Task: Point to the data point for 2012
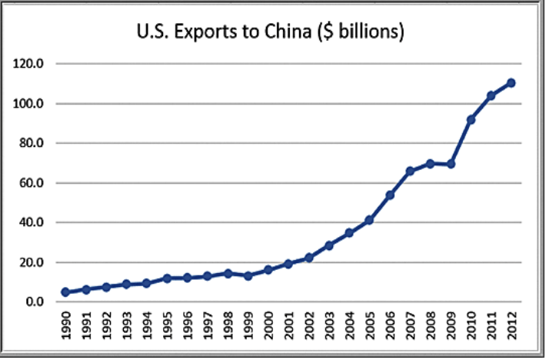[x=511, y=83]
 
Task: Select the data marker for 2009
[x=451, y=164]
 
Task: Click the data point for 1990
[x=65, y=292]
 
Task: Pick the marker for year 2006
[x=390, y=195]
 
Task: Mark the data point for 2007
[x=411, y=171]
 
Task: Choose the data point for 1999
[x=248, y=275]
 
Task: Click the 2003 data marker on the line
[x=329, y=245]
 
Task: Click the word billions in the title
[x=361, y=32]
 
